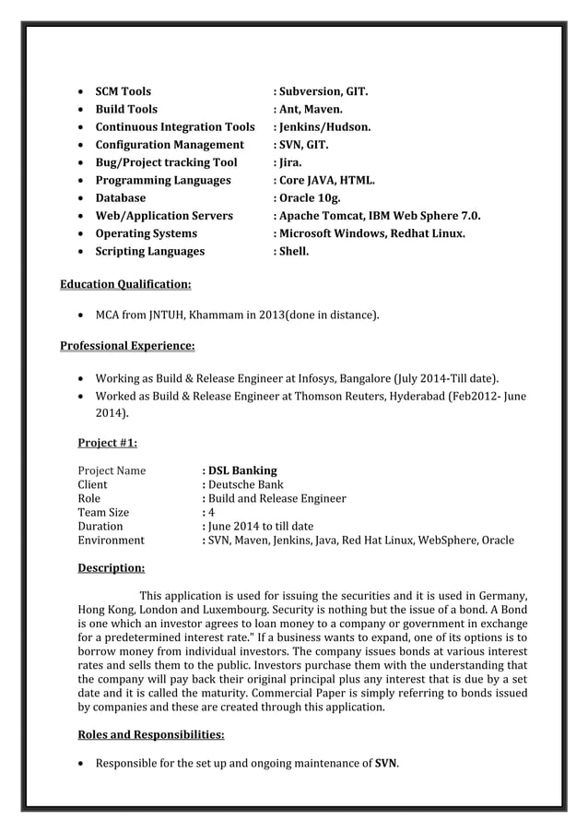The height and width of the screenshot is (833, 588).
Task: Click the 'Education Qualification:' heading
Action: [x=125, y=283]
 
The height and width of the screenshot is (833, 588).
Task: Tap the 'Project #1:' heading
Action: [x=107, y=442]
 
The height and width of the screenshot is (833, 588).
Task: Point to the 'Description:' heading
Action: [x=111, y=567]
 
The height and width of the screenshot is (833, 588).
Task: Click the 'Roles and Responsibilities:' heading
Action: [x=151, y=734]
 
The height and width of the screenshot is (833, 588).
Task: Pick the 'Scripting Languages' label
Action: [x=150, y=251]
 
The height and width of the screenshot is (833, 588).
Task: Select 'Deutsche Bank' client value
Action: [x=245, y=484]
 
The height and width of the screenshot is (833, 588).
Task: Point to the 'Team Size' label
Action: [x=103, y=513]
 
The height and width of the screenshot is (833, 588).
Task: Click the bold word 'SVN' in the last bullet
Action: [x=385, y=764]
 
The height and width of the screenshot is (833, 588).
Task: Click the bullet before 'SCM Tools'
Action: [x=84, y=91]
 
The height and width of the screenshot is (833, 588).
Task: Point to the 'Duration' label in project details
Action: [x=100, y=527]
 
